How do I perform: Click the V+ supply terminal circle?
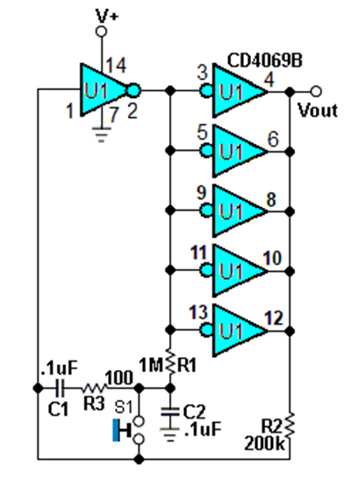click(x=101, y=32)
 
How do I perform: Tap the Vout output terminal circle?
click(x=316, y=92)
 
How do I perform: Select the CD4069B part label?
click(x=265, y=61)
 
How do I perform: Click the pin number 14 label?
click(x=116, y=66)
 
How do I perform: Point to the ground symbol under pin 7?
click(x=101, y=134)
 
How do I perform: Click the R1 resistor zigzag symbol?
click(x=170, y=363)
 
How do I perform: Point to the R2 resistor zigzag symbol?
click(x=290, y=426)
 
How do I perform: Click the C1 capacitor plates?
click(x=60, y=388)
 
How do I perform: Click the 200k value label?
click(x=264, y=443)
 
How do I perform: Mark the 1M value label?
click(x=151, y=366)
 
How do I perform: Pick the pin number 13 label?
click(x=198, y=312)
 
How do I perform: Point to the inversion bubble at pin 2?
click(x=134, y=91)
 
